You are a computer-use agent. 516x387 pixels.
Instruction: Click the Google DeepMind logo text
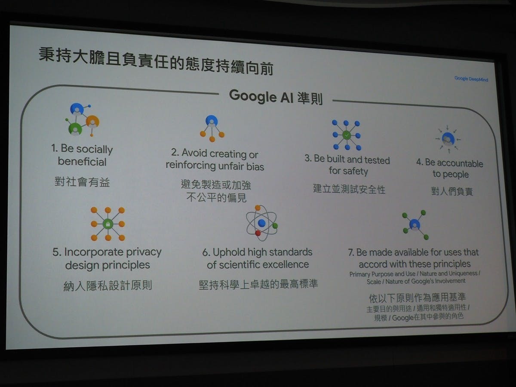[x=471, y=79]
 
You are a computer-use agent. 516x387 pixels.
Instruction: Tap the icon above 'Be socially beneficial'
[x=83, y=120]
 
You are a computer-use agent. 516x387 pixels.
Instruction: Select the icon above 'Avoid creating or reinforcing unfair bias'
[x=212, y=128]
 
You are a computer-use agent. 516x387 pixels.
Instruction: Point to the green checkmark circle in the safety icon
[x=347, y=135]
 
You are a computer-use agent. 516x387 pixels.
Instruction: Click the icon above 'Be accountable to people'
[x=448, y=139]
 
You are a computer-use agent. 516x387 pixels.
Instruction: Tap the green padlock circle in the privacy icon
[x=108, y=224]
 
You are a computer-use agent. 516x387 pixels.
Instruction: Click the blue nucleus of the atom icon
[x=261, y=223]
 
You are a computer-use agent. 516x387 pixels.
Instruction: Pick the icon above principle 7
[x=415, y=225]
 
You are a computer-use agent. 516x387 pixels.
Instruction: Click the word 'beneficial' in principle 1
[x=82, y=162]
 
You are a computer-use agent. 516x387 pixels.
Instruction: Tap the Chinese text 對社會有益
[x=82, y=182]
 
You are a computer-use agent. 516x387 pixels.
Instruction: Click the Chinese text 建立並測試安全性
[x=349, y=189]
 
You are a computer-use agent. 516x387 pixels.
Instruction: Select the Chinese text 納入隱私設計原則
[x=107, y=285]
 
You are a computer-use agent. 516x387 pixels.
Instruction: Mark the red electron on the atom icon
[x=258, y=233]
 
